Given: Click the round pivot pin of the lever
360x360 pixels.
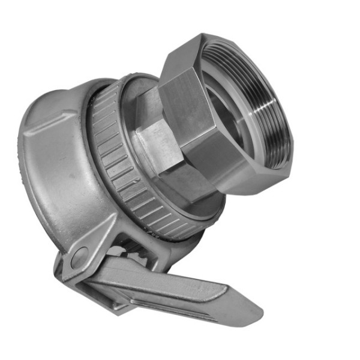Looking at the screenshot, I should tap(79, 259).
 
